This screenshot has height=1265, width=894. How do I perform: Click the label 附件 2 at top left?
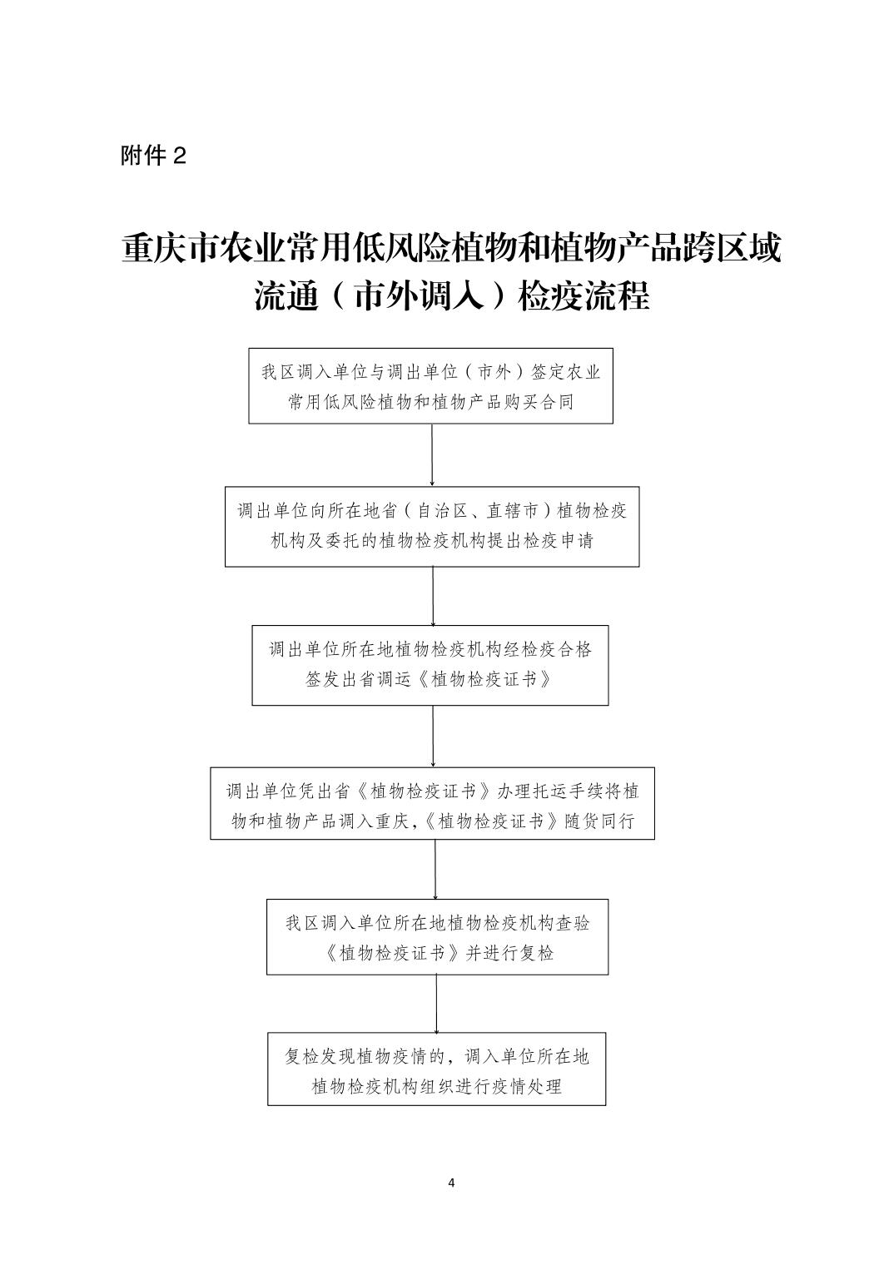coord(153,156)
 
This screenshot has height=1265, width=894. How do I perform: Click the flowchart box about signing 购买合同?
coord(431,386)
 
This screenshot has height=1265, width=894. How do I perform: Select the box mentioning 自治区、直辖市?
coord(432,527)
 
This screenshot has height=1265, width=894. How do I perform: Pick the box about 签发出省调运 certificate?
coord(430,665)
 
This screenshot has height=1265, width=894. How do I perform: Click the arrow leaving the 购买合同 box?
coord(432,455)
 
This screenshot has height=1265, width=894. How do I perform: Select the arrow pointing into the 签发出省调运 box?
coord(433,597)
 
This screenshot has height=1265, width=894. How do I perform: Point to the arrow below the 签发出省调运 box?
coord(433,737)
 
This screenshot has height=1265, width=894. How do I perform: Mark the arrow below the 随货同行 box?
coord(435,870)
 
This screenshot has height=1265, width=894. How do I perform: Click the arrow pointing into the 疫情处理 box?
coord(436,1004)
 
